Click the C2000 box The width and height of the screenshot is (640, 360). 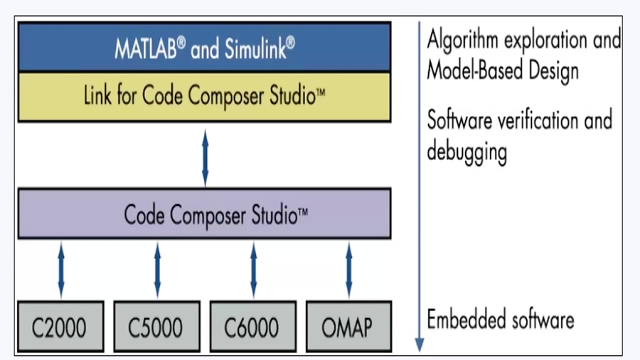[60, 327]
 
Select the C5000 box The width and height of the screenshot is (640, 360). [156, 327]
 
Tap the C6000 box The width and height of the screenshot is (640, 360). [252, 327]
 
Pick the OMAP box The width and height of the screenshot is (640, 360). [348, 327]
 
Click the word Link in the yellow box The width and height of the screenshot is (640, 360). [97, 96]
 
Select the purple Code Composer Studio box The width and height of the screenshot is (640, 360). [204, 213]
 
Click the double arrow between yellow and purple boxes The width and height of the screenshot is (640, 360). [205, 157]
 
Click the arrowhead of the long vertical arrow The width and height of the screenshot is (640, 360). [420, 344]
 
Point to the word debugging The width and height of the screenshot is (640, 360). [466, 152]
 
